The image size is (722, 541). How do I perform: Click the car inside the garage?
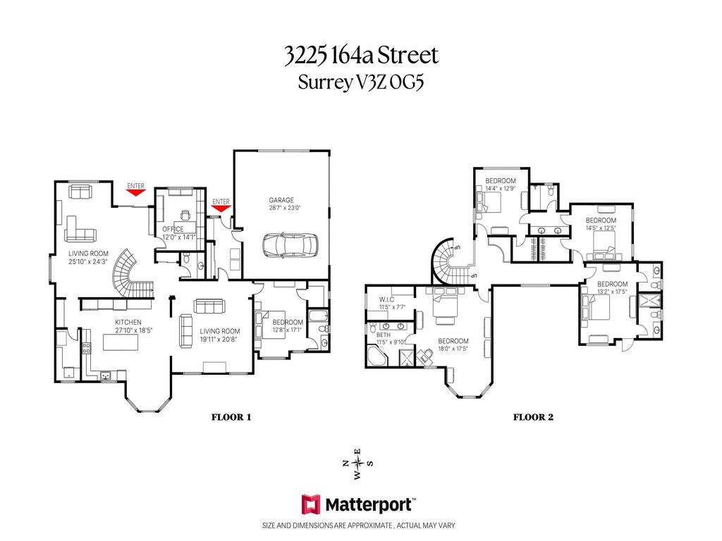290,246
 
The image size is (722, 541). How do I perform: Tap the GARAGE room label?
281,200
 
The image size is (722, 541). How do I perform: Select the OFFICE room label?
173,229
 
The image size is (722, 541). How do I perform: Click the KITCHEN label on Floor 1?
128,323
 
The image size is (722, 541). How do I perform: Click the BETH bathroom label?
384,335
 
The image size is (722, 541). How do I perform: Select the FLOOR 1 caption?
231,417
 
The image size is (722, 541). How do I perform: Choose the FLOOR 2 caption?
532,417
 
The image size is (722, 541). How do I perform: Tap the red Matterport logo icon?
311,504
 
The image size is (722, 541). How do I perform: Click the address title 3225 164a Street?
360,55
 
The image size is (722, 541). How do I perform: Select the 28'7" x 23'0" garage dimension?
284,208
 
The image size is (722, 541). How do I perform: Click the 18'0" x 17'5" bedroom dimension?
453,349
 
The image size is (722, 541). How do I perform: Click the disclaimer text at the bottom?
360,526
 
